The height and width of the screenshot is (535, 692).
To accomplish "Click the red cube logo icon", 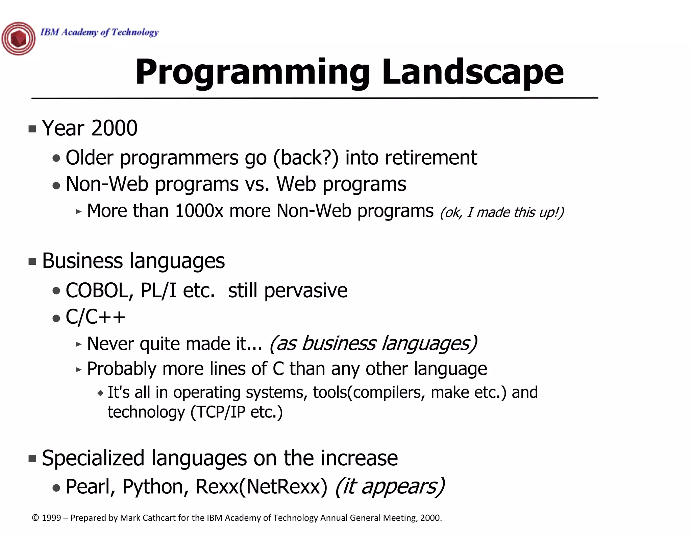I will pos(18,39).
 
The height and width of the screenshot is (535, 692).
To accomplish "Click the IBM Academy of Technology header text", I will pos(99,32).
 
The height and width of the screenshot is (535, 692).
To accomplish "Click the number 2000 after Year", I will pos(114,128).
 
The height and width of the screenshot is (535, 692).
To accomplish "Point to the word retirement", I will pos(431,158).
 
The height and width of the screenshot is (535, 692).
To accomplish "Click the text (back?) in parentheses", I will pos(305,158).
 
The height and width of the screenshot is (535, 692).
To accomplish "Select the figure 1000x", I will pos(199,211).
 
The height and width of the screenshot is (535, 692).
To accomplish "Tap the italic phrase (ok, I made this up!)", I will pos(502,212).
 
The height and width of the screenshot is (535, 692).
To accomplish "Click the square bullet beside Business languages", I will pos(32,261).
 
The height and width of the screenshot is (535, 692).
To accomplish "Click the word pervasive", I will pos(305,291).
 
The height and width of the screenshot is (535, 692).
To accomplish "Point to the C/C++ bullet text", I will pos(96,317).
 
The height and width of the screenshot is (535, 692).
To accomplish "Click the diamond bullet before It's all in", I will pos(100,393).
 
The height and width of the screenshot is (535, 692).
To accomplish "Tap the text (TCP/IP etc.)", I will pos(237,412).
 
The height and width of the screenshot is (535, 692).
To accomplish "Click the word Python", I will pos(155,487).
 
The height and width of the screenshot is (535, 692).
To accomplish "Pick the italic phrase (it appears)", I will pos(390,487).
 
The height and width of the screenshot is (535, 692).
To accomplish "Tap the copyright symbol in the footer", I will pos(35,518).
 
